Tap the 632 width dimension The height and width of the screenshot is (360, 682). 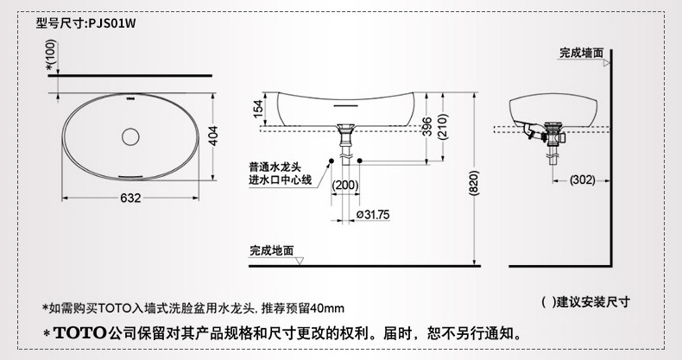pyautogui.click(x=129, y=199)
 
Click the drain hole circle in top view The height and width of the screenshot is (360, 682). pyautogui.click(x=130, y=136)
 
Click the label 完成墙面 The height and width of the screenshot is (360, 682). pyautogui.click(x=580, y=53)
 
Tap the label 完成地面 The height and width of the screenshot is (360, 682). pyautogui.click(x=271, y=250)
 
